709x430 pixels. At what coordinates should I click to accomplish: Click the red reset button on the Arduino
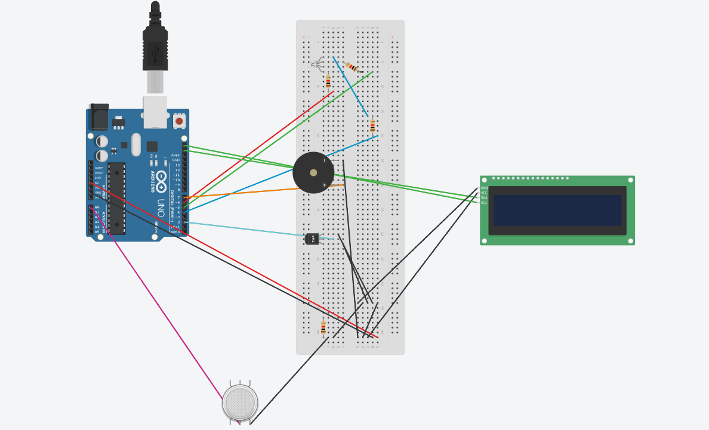179,121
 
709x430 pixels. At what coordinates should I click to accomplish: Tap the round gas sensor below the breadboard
240,403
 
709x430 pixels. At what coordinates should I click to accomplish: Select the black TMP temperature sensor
312,239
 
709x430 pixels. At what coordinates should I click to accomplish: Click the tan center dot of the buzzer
313,172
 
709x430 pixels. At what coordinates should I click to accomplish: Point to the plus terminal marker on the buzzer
324,185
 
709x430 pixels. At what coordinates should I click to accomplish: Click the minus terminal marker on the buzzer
324,160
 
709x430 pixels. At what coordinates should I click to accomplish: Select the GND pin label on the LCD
484,188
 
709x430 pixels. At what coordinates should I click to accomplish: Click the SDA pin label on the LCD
484,197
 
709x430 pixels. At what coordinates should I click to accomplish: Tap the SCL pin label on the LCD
484,203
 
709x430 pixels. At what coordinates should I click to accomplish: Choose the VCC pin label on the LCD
484,193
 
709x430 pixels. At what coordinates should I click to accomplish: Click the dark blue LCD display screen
557,211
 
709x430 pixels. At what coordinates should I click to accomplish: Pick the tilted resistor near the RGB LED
352,67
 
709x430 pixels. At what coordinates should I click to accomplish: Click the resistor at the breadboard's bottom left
323,328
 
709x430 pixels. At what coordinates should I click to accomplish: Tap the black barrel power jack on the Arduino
98,117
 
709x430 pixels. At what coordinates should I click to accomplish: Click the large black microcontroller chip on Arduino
116,198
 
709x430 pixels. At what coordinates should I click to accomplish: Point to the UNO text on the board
161,208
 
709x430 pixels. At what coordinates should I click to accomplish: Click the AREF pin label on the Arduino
175,155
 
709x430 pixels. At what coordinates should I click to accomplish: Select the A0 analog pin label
97,208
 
